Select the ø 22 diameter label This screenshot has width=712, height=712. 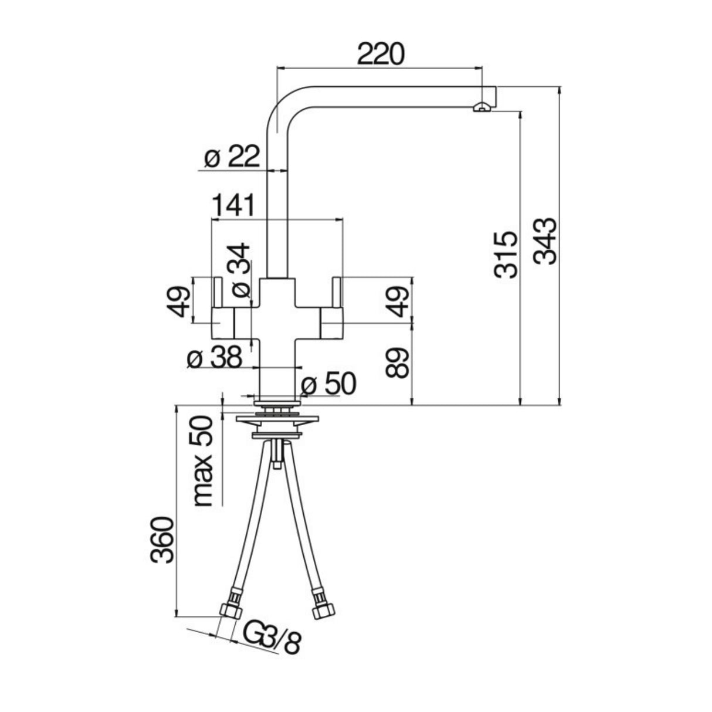(x=232, y=158)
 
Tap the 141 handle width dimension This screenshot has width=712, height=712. (x=233, y=205)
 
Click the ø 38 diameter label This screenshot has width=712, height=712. (x=215, y=357)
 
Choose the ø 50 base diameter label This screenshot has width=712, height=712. (x=328, y=384)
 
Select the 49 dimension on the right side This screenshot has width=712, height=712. (x=399, y=301)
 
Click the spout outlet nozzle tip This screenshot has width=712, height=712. (x=480, y=107)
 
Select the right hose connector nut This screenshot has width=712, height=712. (x=321, y=610)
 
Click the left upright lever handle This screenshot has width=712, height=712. (x=216, y=292)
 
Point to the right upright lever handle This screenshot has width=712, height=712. (x=337, y=292)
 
